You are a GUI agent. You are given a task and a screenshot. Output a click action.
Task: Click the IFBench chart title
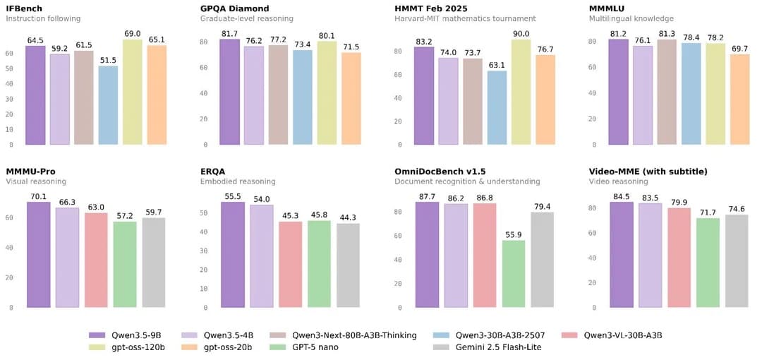coord(25,8)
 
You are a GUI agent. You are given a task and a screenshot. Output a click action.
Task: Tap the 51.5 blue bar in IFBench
coord(108,105)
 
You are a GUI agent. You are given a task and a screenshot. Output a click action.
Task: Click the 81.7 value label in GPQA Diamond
coord(229,33)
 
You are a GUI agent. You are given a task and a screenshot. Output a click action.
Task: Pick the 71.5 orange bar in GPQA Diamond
coord(351,98)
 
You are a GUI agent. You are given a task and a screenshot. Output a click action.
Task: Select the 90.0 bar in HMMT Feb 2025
coord(521,92)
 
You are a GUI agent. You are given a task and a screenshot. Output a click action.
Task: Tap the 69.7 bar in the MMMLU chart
coord(739,100)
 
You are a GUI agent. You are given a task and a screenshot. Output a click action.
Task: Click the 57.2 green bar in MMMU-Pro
coord(125,264)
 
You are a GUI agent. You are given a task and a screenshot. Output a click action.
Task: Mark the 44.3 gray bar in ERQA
coord(348,265)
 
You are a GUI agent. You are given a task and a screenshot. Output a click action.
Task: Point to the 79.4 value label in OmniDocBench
coord(543,207)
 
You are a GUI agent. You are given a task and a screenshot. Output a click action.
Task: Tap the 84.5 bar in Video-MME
coord(621,254)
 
